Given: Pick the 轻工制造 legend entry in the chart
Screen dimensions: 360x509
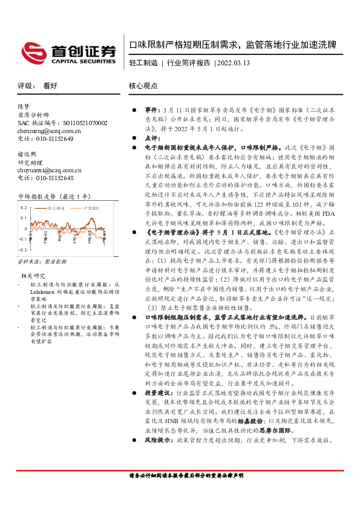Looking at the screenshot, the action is (x=59, y=207).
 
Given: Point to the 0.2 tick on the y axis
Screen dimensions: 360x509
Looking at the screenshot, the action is (x=24, y=207).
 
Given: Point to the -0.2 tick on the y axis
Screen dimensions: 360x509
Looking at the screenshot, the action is (x=22, y=249).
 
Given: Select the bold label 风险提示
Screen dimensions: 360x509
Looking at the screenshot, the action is (x=157, y=475).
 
